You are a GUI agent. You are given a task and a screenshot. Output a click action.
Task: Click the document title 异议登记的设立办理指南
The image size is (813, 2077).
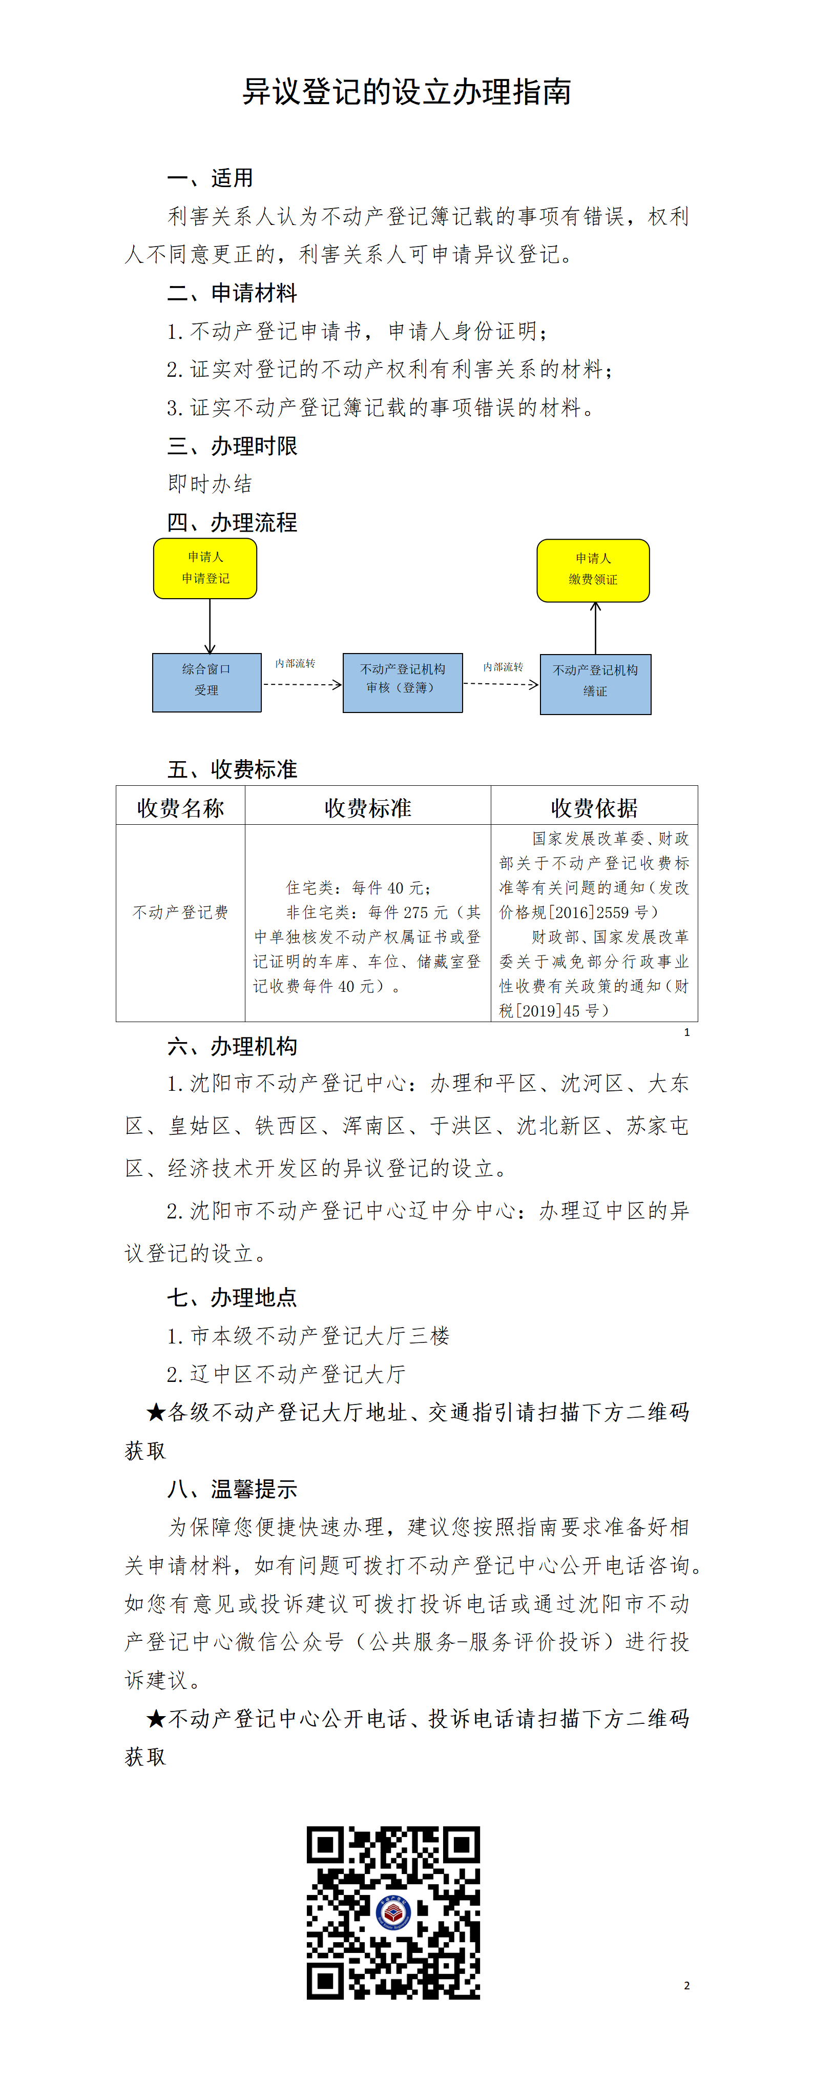pyautogui.click(x=407, y=92)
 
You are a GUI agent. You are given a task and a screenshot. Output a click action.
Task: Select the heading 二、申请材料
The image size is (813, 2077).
pyautogui.click(x=232, y=293)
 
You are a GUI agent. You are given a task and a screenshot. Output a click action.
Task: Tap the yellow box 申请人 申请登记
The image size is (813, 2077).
pyautogui.click(x=205, y=568)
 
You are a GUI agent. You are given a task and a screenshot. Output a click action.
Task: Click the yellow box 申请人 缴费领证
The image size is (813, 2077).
pyautogui.click(x=593, y=570)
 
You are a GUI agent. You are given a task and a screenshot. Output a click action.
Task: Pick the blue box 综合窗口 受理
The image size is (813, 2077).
pyautogui.click(x=207, y=682)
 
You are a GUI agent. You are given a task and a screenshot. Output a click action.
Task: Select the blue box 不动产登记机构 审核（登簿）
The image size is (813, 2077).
pyautogui.click(x=403, y=682)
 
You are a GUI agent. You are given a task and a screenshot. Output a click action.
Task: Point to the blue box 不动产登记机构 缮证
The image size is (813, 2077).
pyautogui.click(x=595, y=684)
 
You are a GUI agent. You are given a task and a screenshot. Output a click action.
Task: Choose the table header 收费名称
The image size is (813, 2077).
pyautogui.click(x=180, y=807)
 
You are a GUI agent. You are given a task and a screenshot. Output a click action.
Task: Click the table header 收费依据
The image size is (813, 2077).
pyautogui.click(x=594, y=807)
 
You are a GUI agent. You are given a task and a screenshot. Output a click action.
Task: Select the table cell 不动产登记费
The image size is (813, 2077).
pyautogui.click(x=180, y=912)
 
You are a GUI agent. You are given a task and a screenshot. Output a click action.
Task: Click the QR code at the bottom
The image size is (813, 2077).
pyautogui.click(x=393, y=1912)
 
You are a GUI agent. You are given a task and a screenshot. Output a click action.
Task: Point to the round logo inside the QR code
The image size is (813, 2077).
pyautogui.click(x=393, y=1912)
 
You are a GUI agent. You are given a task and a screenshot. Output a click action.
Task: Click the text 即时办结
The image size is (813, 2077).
pyautogui.click(x=211, y=484)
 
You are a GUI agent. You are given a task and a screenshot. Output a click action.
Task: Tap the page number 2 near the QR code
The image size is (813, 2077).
pyautogui.click(x=686, y=1985)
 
